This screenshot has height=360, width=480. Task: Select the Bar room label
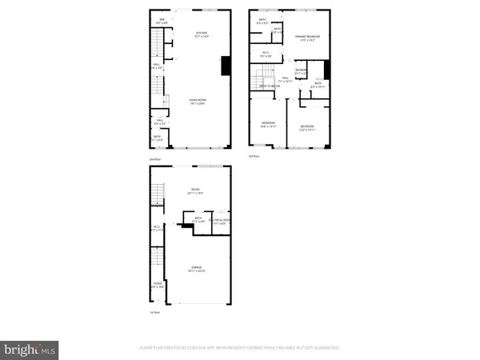pos(162,20)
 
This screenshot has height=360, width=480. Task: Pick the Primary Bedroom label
pos(306,38)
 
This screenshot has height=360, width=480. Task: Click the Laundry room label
pos(301,72)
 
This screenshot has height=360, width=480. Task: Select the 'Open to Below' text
pos(270,86)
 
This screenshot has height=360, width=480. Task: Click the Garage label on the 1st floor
pos(196,269)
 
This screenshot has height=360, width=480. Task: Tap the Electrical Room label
pos(221,222)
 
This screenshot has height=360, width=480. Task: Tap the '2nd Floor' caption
pos(154,160)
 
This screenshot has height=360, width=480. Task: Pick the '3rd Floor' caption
pos(254,155)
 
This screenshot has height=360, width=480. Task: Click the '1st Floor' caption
pos(154,312)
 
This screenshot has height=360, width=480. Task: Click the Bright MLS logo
pos(30,349)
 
